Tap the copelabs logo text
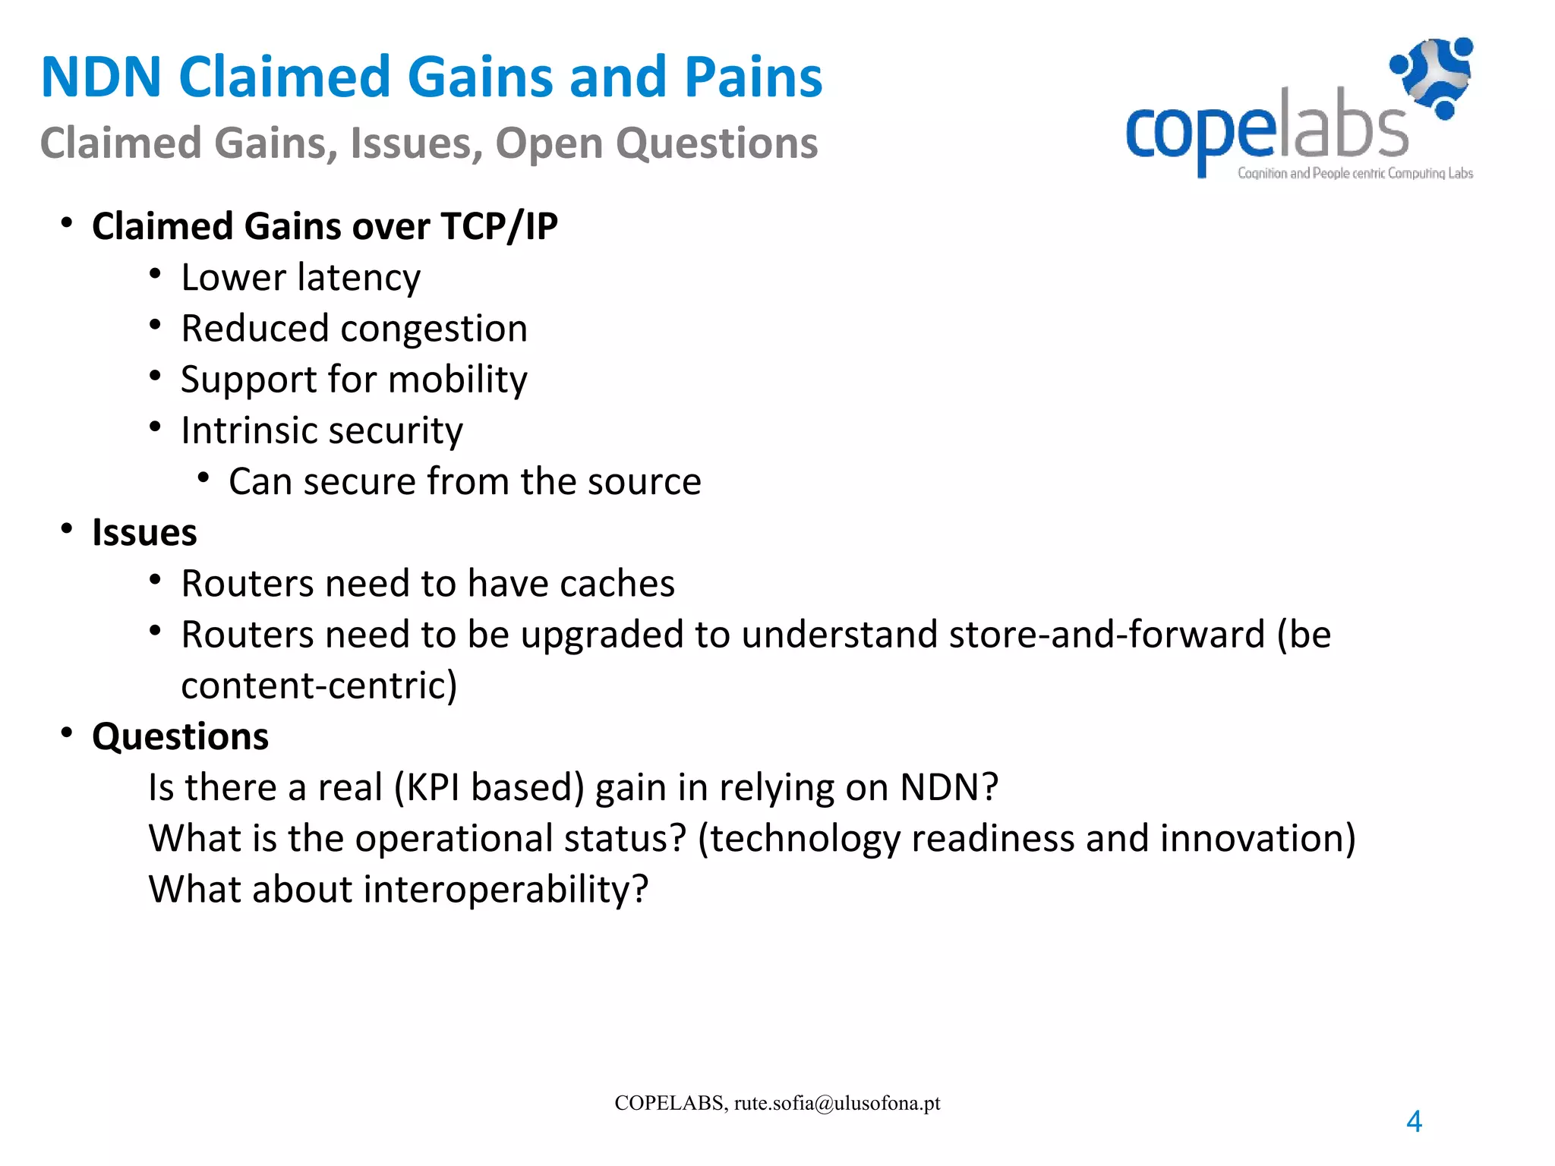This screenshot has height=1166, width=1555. [1266, 129]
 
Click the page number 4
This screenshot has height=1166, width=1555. [1414, 1121]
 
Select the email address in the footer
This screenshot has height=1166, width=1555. [837, 1103]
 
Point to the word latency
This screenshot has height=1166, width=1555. [359, 278]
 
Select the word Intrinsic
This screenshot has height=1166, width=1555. [238, 431]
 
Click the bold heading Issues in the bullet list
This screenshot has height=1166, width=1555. [144, 532]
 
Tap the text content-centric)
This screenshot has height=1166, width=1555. [319, 685]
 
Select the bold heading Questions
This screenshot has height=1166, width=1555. [180, 736]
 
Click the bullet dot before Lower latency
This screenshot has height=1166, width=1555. [155, 274]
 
